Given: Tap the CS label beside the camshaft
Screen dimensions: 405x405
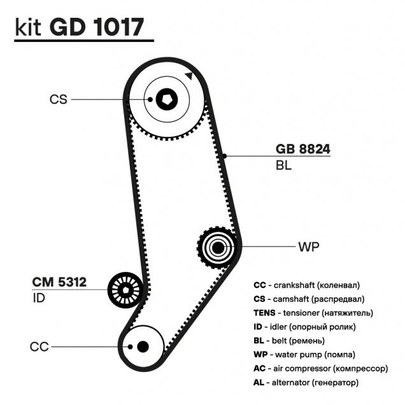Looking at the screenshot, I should click(x=58, y=99).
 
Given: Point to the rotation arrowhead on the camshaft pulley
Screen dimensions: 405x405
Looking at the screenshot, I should click(x=188, y=76).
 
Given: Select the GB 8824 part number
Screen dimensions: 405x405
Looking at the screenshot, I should click(x=303, y=150).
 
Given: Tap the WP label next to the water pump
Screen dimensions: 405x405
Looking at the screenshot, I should click(x=308, y=246).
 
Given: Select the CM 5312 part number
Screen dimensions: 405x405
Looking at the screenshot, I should click(x=59, y=281).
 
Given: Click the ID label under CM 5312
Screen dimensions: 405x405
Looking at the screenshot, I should click(x=39, y=297).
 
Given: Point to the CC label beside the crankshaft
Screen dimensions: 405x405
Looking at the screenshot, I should click(x=39, y=346).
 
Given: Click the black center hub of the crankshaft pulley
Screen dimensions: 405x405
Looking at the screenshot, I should click(x=142, y=346).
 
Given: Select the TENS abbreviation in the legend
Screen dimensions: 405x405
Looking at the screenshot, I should click(x=264, y=313).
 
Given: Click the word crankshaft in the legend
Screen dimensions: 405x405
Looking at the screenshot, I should click(x=294, y=285).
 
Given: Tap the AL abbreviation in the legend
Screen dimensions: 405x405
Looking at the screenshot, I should click(x=260, y=383).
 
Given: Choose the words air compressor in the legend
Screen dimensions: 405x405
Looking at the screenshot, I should click(x=302, y=369).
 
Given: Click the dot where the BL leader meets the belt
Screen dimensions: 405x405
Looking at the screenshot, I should click(x=225, y=155).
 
